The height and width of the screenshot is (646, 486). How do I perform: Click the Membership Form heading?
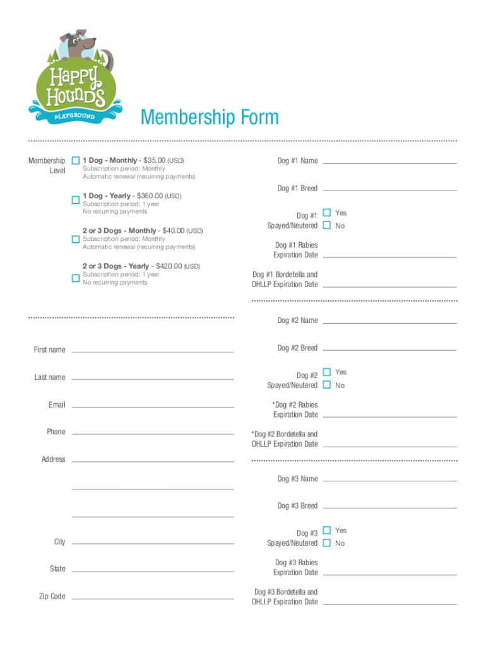point(210,117)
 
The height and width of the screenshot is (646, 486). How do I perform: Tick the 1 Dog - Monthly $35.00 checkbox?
point(76,160)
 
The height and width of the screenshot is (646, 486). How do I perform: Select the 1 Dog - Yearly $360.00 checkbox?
point(76,200)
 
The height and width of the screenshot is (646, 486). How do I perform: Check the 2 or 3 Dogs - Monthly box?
point(76,239)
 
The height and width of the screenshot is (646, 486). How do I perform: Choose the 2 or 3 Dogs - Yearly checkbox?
point(76,278)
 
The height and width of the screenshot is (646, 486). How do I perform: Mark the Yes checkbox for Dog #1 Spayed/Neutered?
point(327,213)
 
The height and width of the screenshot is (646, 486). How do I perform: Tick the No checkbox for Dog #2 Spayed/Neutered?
point(327,385)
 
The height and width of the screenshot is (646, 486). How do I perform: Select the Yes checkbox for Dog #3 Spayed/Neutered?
point(327,530)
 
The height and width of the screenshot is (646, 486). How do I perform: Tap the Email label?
point(57,404)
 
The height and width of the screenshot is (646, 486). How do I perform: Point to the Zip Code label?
point(52,596)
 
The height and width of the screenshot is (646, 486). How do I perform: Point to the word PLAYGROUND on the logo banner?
point(74,117)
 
